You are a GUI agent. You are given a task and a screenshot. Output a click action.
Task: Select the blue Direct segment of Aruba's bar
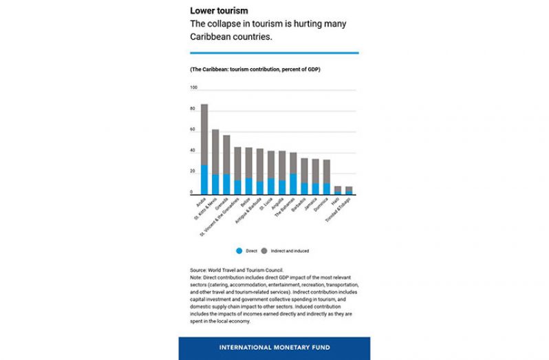204,180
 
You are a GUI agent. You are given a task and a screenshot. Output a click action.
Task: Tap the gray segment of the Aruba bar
204,135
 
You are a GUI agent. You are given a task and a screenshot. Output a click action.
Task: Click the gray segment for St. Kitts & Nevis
215,152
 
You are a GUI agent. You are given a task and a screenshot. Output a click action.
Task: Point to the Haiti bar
338,190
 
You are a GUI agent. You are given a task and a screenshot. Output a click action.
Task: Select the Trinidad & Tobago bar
349,190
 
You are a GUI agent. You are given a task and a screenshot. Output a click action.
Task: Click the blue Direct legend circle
238,251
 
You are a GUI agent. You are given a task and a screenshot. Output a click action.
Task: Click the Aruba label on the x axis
201,202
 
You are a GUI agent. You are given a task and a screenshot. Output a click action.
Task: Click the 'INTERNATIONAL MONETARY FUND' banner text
274,348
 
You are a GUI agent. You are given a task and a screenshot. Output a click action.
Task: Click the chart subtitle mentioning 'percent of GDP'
255,70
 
